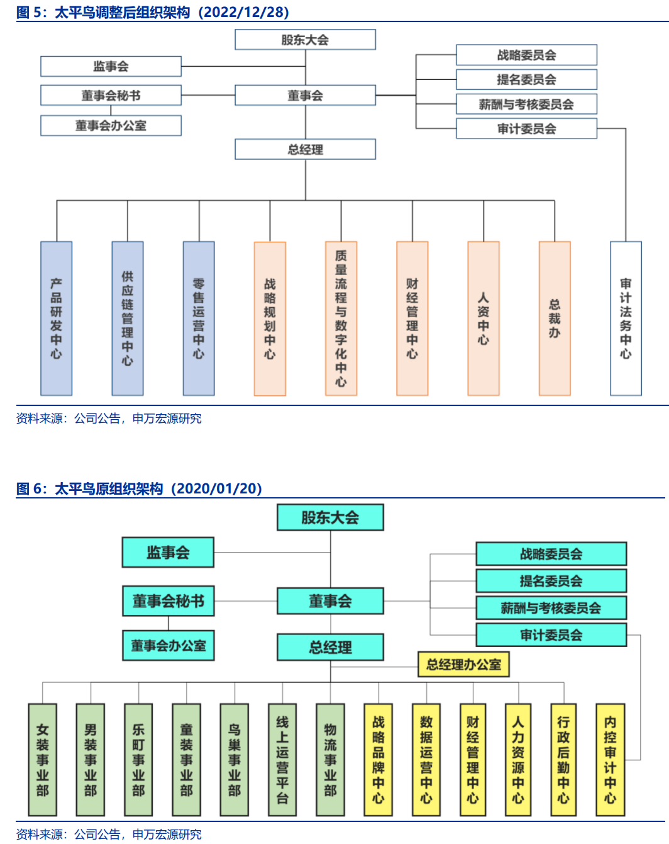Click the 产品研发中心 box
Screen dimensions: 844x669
[x=57, y=318]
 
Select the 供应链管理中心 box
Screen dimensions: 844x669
[x=128, y=318]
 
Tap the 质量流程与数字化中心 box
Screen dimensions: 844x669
[x=341, y=318]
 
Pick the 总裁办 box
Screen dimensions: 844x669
[x=555, y=318]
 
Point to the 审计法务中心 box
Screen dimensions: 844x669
[x=626, y=318]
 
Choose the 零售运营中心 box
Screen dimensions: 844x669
[x=199, y=318]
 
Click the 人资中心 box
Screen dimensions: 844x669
[x=484, y=318]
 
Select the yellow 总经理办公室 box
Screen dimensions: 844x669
[x=463, y=664]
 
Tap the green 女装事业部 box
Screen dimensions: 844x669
[x=43, y=760]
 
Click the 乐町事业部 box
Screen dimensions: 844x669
[x=138, y=760]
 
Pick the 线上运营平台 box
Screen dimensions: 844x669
[x=282, y=760]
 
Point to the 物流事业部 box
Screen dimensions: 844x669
[x=330, y=760]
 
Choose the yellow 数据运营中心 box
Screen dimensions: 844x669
[x=426, y=760]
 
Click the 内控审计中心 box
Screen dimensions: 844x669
[x=610, y=760]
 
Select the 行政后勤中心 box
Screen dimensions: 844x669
[x=563, y=760]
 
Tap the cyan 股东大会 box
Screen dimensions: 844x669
[x=330, y=517]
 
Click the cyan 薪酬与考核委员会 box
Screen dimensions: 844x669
[x=551, y=608]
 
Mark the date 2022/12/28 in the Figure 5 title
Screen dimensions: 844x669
[x=243, y=12]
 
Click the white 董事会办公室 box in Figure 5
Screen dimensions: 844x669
[x=111, y=125]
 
